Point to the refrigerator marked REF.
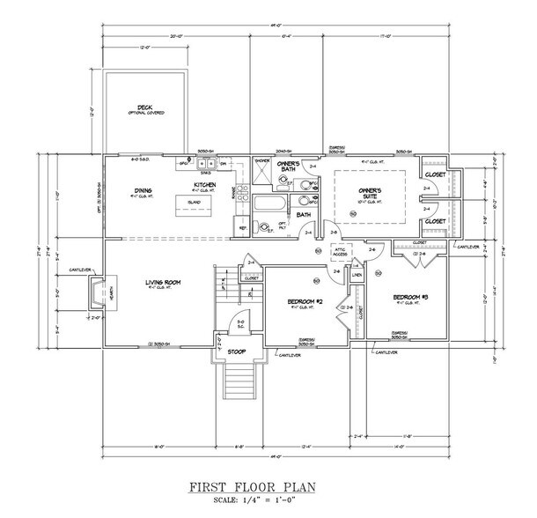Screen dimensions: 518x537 (243, 226)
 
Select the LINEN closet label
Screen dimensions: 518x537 (357, 276)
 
